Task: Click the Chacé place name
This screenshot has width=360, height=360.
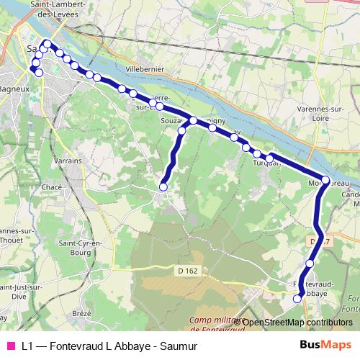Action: click(52, 186)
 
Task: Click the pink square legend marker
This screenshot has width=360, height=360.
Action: click(10, 345)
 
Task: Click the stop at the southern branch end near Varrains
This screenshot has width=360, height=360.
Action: click(163, 187)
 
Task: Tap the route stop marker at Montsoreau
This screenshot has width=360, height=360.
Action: click(325, 180)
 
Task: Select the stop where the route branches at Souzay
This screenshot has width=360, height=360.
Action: click(194, 120)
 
